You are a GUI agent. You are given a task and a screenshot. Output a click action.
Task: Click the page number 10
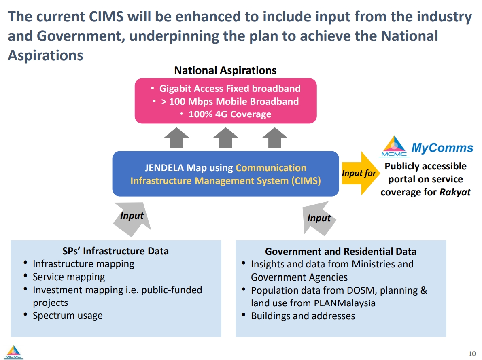pos(471,353)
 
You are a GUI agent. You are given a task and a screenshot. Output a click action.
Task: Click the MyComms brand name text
pos(442,148)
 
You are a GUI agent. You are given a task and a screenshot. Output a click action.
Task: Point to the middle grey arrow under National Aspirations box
pos(225,138)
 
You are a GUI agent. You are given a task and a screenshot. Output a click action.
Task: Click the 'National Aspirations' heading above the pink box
pos(225,70)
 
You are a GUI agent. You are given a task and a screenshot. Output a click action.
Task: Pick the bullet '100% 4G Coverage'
pos(230,114)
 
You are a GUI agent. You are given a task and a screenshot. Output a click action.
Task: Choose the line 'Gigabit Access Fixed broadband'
pos(230,88)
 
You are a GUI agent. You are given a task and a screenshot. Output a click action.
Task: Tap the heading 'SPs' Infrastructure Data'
pos(115,251)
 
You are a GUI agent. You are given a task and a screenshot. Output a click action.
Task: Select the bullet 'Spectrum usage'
pos(68,316)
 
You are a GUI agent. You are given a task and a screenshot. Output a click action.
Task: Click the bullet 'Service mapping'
pos(69,277)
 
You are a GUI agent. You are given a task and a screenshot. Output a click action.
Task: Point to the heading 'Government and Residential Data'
pos(340,251)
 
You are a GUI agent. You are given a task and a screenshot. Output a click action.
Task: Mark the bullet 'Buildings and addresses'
pos(303,316)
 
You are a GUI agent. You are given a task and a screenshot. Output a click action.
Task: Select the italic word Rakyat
pos(455,192)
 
